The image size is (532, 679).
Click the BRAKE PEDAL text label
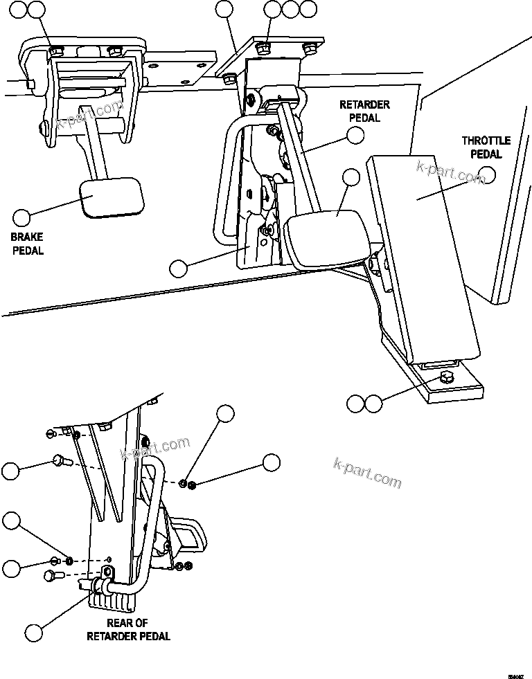tap(27, 244)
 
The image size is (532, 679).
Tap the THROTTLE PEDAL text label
tap(486, 146)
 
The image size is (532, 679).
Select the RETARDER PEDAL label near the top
tap(364, 111)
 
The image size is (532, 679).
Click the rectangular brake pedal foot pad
tap(112, 198)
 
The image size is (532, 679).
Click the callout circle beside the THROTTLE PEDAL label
tap(488, 175)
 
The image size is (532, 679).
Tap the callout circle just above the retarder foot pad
tap(351, 178)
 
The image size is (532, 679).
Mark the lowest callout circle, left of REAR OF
tap(33, 631)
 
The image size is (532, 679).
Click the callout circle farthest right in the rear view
tap(271, 463)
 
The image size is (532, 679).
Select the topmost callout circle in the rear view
tap(226, 413)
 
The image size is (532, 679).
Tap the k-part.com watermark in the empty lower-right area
tap(367, 472)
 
